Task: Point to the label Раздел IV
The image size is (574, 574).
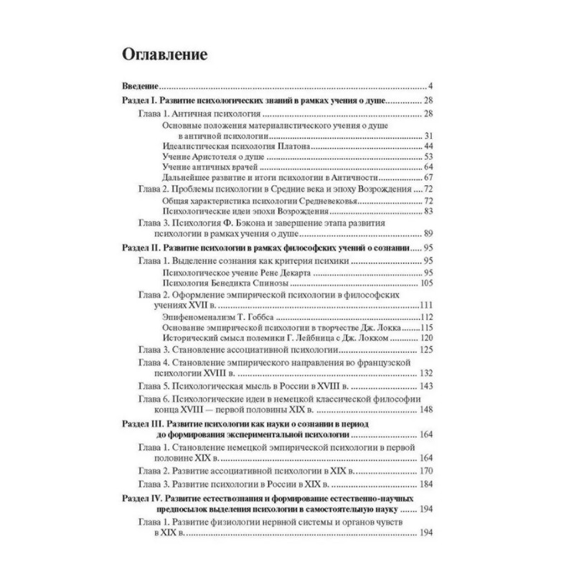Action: pos(138,499)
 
